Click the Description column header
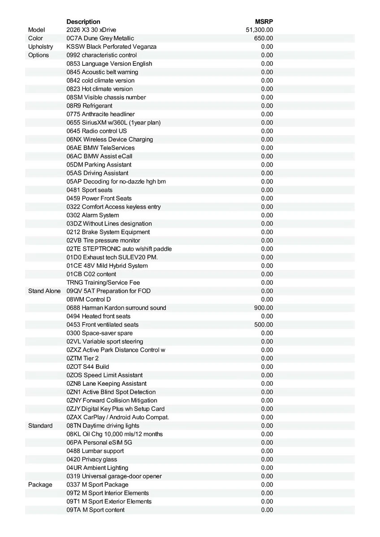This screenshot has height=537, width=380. coord(83,21)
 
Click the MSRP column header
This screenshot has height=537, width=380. coord(264,21)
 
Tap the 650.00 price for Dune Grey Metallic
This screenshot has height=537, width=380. coord(263,38)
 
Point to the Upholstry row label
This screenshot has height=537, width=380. coord(40,47)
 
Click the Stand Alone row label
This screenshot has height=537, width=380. coord(44,291)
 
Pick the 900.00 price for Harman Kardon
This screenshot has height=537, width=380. coord(263,308)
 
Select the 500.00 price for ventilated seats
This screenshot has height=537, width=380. coord(263,324)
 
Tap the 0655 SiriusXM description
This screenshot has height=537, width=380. coord(113,123)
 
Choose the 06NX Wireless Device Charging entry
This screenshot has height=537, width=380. coord(110,139)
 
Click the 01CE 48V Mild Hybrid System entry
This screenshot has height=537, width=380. coord(107,266)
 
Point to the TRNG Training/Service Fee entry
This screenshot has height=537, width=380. coord(103,282)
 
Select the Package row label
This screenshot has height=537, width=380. coord(40,485)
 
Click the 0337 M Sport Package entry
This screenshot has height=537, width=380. coord(97,485)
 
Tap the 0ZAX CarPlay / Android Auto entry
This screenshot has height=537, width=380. coord(118,417)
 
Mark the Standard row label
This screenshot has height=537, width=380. coord(40,426)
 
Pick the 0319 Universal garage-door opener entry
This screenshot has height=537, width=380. coord(114,476)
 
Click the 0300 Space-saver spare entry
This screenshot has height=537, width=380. coord(99,333)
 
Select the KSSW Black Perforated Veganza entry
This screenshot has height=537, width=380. coord(112,47)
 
